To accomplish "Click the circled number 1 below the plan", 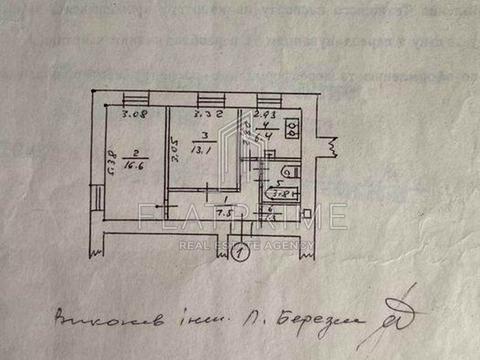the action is (x=238, y=253).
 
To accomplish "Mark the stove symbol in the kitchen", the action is (x=292, y=128).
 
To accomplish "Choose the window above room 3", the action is (x=209, y=98).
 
